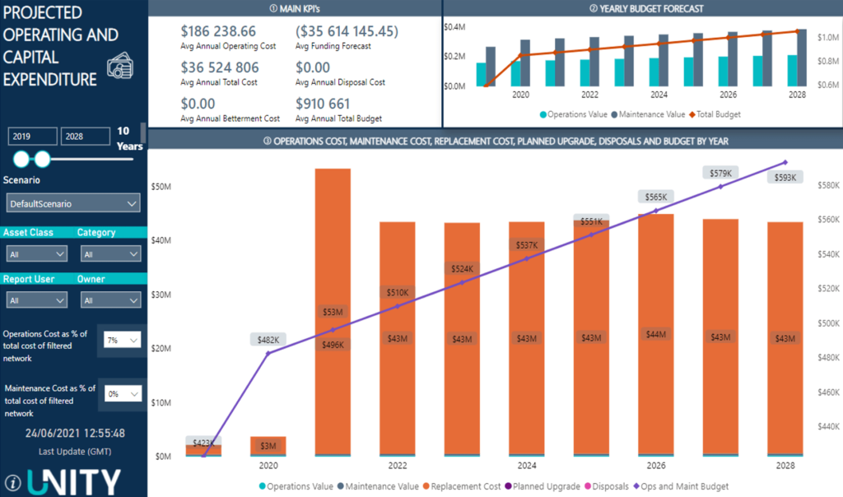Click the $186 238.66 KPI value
218,31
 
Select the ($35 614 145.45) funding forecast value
347,31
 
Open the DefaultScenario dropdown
74,203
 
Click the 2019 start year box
33,136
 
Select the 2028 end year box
85,136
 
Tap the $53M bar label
332,312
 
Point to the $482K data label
268,340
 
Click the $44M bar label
656,334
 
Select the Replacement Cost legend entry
462,486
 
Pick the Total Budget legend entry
716,114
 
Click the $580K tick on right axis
826,185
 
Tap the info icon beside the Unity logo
13,482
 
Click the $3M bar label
268,446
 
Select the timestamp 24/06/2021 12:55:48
75,433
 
